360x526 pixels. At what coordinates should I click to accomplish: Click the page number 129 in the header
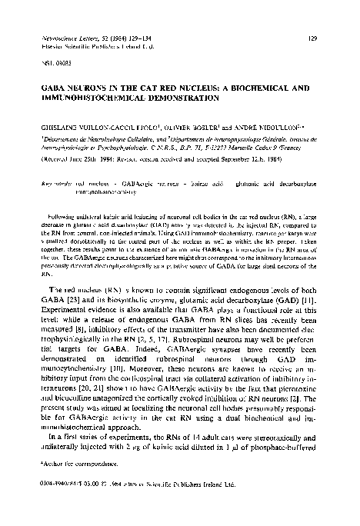click(324, 36)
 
